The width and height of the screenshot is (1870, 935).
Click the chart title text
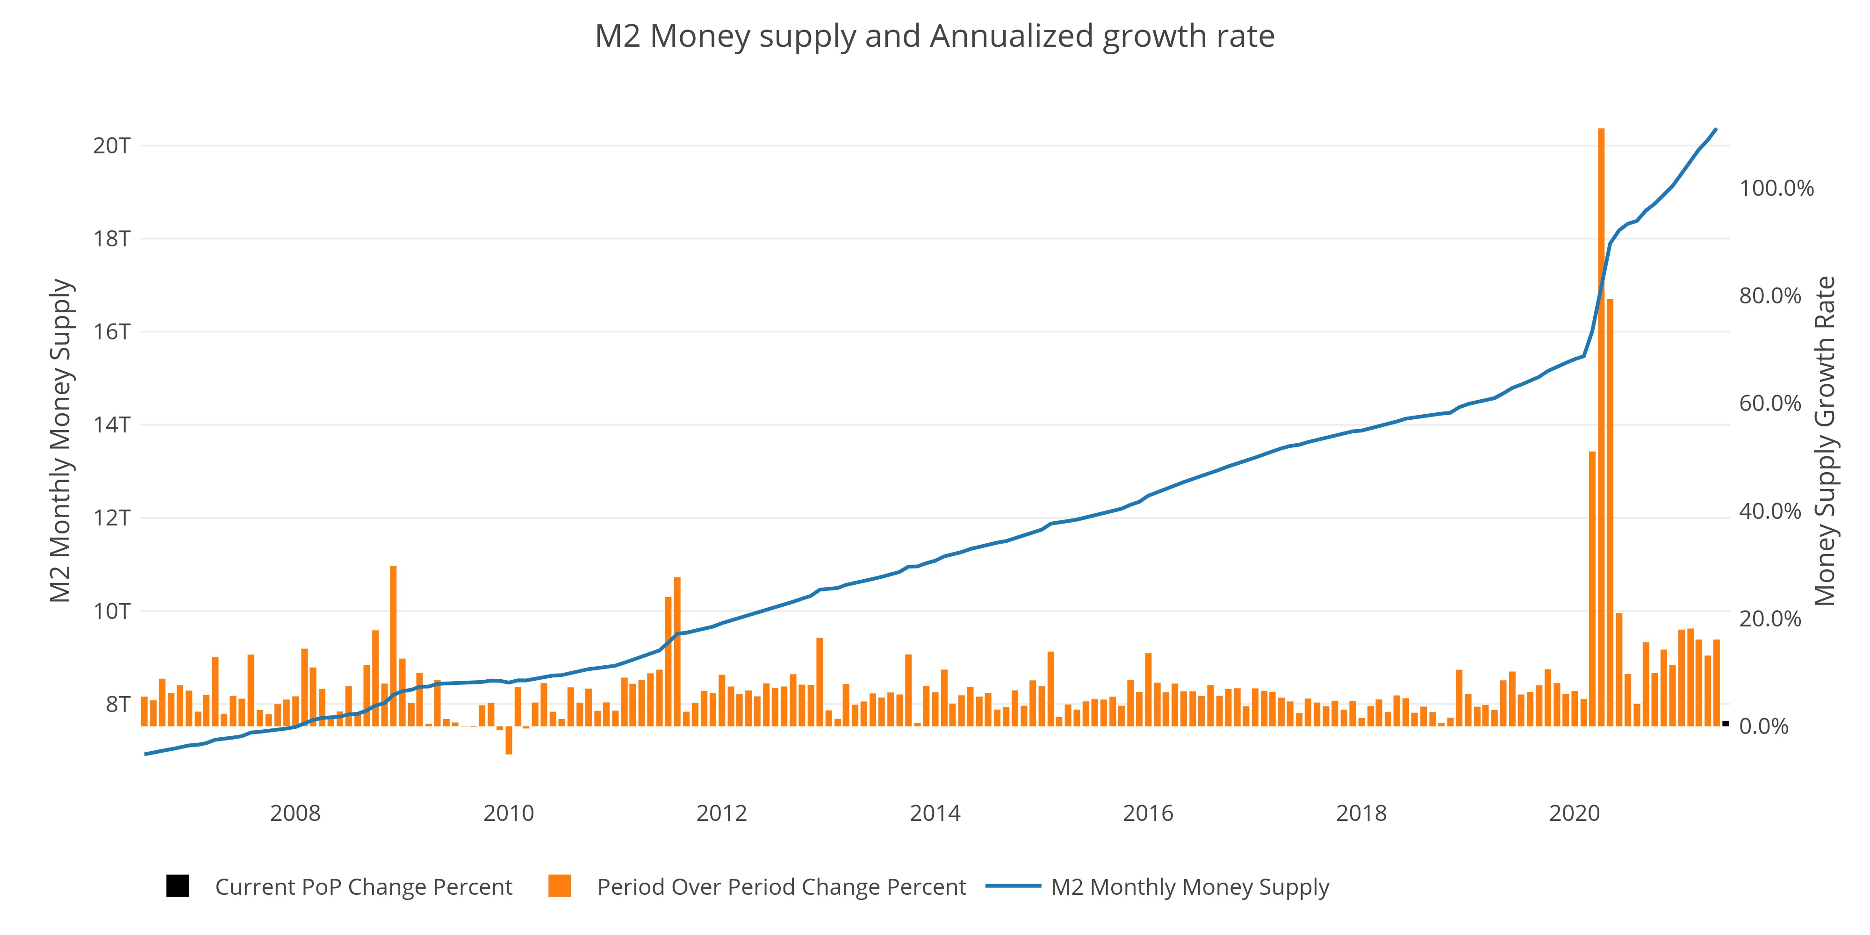click(934, 36)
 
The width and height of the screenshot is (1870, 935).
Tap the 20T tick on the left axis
click(111, 146)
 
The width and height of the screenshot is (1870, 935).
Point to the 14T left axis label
click(111, 424)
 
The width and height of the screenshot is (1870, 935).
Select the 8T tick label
click(118, 704)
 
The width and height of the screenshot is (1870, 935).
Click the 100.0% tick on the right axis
click(1776, 189)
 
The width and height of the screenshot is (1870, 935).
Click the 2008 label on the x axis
click(295, 813)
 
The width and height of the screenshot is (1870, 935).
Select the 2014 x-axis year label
click(934, 813)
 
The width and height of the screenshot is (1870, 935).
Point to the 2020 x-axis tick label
click(1574, 813)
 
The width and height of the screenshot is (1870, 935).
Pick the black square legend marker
click(177, 886)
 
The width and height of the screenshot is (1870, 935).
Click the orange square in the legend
click(560, 886)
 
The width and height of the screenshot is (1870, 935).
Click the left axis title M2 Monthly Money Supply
click(61, 441)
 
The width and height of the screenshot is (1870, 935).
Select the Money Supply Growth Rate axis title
click(1824, 441)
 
